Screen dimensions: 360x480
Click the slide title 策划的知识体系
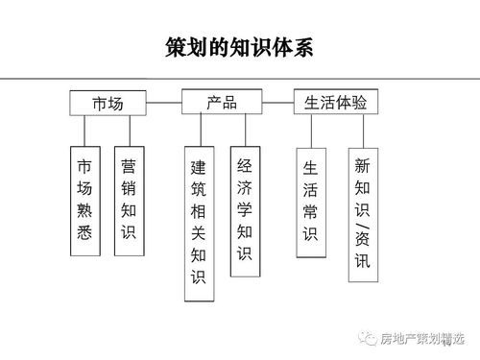[239, 47]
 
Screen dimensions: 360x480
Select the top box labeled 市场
[108, 102]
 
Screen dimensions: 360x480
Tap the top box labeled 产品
[222, 101]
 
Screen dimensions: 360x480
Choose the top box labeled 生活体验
[335, 102]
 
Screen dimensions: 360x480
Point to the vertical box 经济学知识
[245, 210]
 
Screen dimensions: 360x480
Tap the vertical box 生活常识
[310, 202]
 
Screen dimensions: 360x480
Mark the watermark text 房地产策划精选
[421, 338]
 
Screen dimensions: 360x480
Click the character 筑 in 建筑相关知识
[198, 189]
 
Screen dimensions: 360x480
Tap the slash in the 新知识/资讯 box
[361, 235]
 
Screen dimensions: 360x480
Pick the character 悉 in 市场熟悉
[84, 231]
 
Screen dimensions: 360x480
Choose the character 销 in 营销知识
[129, 187]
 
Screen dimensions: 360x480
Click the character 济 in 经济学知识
[245, 187]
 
